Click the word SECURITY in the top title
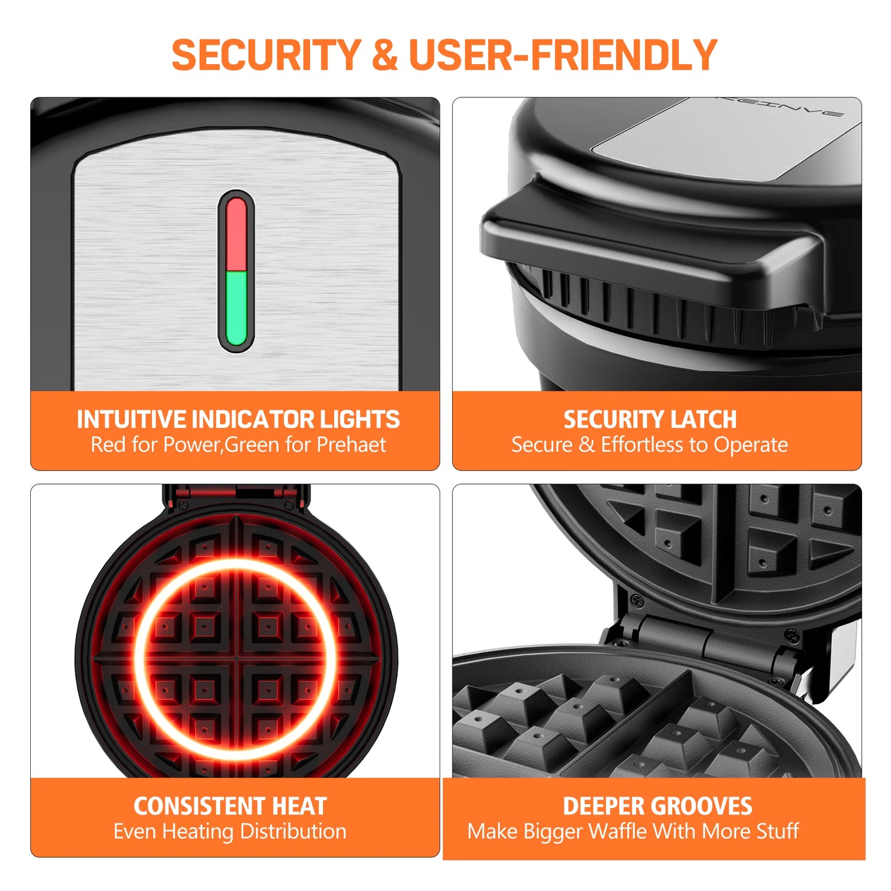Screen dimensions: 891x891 (x=266, y=55)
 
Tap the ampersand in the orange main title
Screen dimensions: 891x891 (x=385, y=55)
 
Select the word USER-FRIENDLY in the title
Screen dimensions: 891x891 (x=562, y=55)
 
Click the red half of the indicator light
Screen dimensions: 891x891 (x=237, y=233)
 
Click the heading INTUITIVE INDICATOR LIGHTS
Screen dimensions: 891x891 (x=238, y=419)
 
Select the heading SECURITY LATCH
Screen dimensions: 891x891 (x=650, y=419)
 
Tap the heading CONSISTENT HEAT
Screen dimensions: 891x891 (x=230, y=806)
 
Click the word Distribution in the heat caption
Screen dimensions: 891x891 (x=293, y=831)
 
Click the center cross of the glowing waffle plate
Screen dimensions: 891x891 (x=236, y=659)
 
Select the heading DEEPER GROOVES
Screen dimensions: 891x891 (x=657, y=806)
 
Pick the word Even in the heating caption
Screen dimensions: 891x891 (x=136, y=831)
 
